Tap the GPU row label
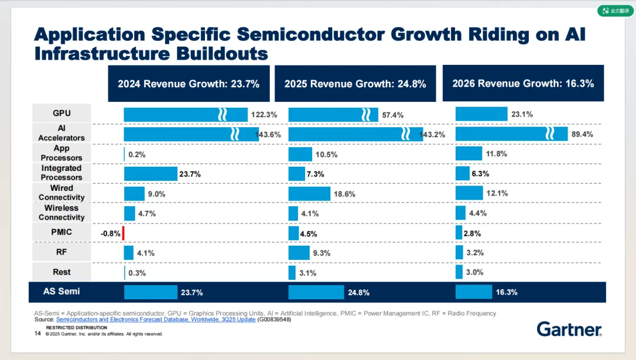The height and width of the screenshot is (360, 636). [x=61, y=113]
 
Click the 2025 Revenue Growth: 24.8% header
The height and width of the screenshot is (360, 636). [x=355, y=84]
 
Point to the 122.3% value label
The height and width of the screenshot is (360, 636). [x=264, y=115]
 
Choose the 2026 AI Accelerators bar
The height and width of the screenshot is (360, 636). [x=503, y=134]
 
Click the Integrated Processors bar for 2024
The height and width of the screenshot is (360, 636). [x=150, y=174]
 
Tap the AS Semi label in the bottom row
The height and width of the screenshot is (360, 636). [x=61, y=291]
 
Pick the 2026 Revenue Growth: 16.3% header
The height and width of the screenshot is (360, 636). [x=523, y=84]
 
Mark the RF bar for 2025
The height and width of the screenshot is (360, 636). [x=299, y=252]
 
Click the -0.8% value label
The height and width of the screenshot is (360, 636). [x=110, y=233]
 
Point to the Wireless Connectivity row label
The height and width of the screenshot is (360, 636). [x=61, y=213]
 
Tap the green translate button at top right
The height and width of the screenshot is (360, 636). [x=615, y=11]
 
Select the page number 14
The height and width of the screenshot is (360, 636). [x=38, y=333]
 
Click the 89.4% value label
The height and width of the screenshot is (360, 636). [x=581, y=134]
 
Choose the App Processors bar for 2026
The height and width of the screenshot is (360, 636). [x=469, y=154]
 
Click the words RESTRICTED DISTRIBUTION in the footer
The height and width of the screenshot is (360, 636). [x=77, y=328]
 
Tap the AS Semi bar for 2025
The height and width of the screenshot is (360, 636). [x=316, y=292]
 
